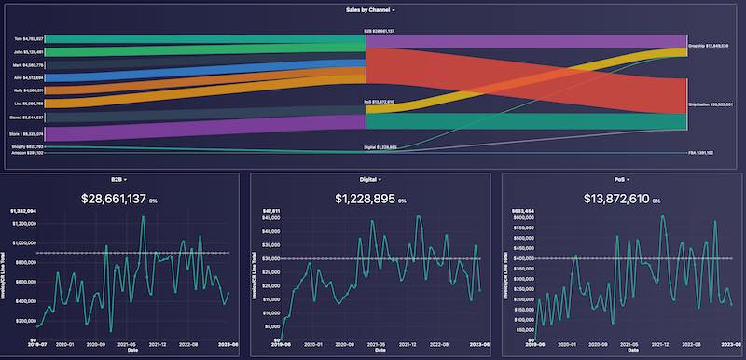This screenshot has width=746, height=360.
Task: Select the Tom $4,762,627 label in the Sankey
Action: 28,38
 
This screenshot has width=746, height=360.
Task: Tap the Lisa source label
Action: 28,103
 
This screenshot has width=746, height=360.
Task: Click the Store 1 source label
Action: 27,134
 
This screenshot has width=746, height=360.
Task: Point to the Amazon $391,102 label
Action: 27,153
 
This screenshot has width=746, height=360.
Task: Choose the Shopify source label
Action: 27,146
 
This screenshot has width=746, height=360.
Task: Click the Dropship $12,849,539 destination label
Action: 713,44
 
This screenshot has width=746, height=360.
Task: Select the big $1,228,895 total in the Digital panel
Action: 366,199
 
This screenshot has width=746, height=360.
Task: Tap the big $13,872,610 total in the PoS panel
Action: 617,199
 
